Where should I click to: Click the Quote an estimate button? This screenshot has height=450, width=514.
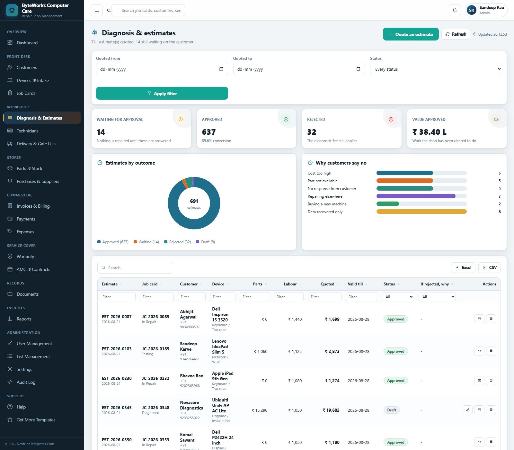pos(411,34)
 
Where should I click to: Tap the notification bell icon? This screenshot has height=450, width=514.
pos(455,10)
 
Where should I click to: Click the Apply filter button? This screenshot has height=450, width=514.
pos(162,93)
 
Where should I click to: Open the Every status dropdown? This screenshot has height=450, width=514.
pos(436,69)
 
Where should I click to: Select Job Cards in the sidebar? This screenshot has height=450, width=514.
pos(26,93)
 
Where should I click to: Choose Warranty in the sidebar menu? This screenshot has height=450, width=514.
pos(25,256)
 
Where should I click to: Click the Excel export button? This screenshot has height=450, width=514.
pos(463,267)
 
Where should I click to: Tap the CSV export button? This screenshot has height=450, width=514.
pos(490,267)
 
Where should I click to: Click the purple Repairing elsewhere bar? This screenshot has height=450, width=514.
pos(416,196)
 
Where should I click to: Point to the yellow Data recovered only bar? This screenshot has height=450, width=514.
pos(421,212)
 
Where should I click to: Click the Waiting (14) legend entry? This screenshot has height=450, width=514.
pos(146,242)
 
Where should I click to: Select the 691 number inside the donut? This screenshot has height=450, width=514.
pos(194,201)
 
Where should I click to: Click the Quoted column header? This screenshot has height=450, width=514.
pos(327,284)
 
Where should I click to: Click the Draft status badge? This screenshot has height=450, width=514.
pos(392,410)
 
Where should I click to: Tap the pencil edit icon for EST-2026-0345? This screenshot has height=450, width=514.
pos(467,410)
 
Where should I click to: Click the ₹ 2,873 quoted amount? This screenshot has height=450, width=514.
pos(332,351)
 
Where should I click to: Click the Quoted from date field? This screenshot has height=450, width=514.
pos(162,69)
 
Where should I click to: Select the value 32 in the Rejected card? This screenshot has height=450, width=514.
pos(312,132)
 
